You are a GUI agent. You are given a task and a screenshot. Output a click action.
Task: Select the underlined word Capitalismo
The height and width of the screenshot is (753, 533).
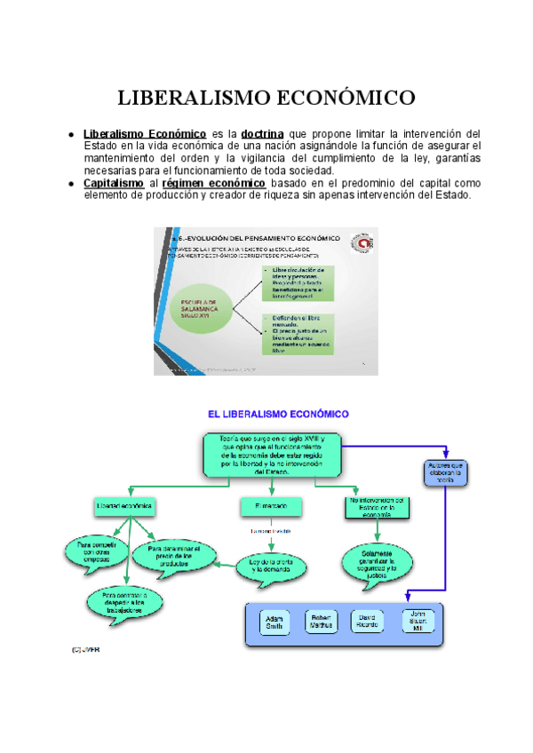[114, 183]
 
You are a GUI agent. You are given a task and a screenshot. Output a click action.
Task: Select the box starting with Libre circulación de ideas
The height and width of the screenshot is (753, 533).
[298, 280]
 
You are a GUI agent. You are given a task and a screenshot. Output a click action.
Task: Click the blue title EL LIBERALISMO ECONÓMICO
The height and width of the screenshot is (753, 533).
[278, 414]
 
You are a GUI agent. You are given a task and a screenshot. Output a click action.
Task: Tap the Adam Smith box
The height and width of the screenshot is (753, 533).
[274, 621]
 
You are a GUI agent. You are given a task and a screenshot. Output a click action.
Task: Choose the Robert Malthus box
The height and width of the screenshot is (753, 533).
[322, 621]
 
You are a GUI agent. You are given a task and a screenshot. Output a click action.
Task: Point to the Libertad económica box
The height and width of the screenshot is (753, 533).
[125, 506]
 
